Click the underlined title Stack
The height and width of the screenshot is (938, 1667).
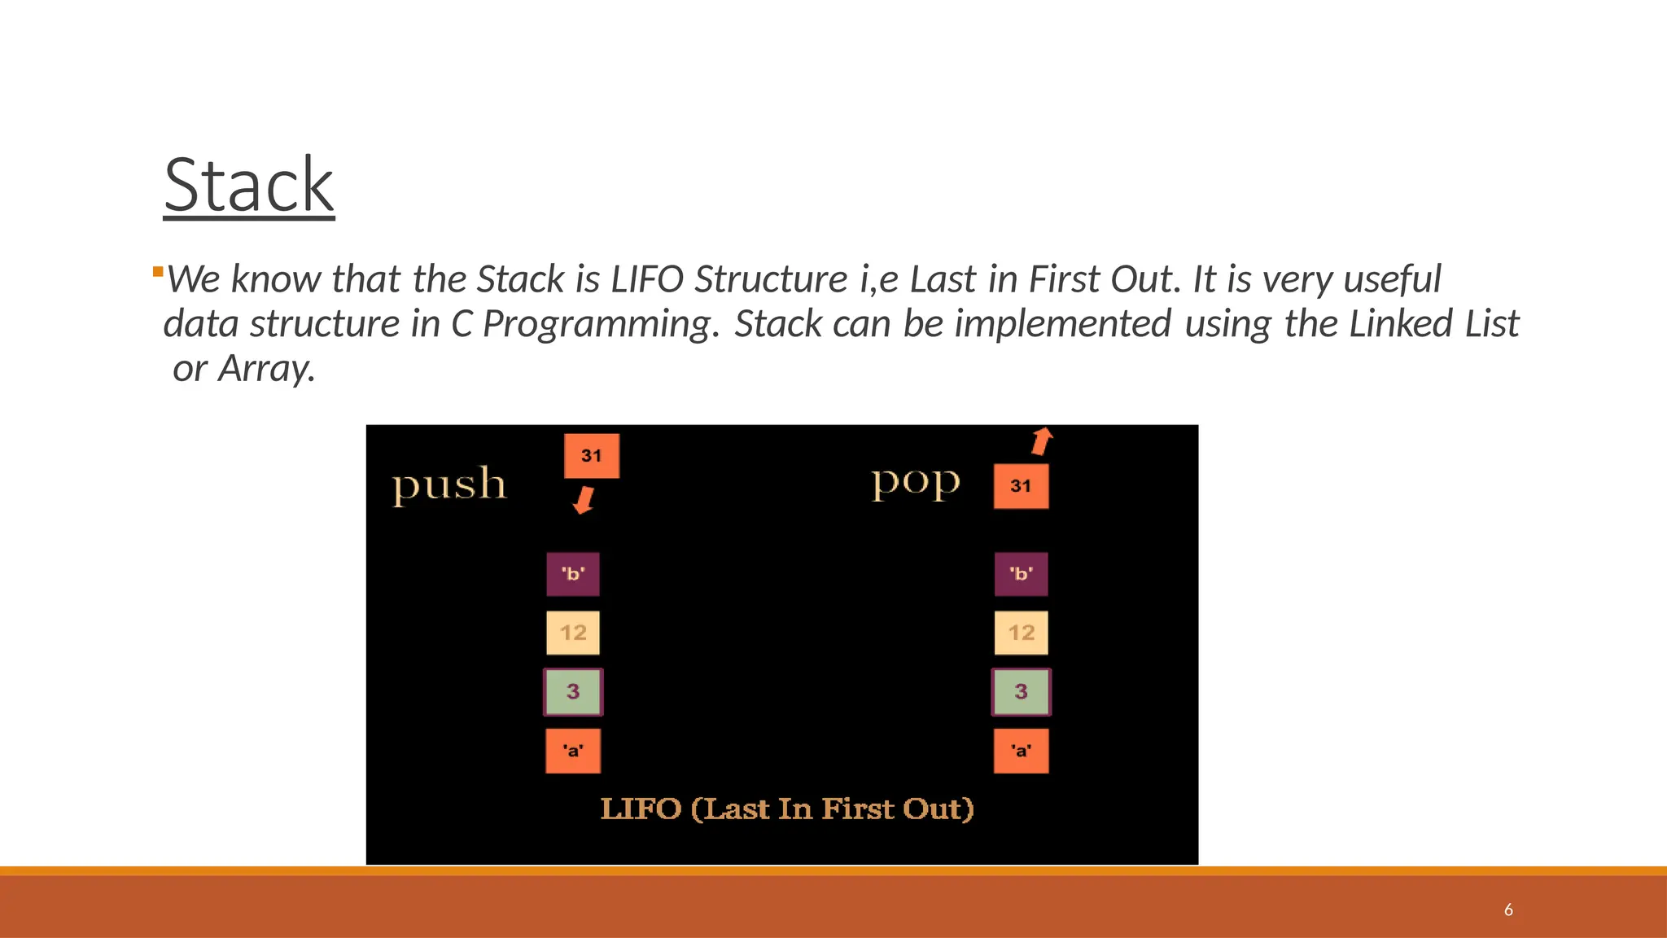pos(248,186)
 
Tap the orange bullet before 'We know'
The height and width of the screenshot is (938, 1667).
pos(158,272)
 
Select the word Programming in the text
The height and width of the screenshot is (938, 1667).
pos(601,324)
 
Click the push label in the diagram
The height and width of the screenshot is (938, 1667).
pos(449,484)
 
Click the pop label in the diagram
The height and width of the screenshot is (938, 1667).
pos(916,482)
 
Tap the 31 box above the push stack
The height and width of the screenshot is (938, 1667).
pos(592,456)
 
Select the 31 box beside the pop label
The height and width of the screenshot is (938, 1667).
pos(1021,486)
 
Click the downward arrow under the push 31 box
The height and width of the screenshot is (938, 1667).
pos(584,500)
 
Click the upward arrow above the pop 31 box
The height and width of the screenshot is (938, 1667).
pos(1042,441)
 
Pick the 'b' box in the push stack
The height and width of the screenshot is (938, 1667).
pos(573,574)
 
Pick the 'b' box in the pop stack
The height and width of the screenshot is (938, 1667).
pos(1021,574)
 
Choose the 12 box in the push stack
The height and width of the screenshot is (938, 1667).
pos(573,633)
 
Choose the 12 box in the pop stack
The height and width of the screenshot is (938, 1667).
pos(1021,633)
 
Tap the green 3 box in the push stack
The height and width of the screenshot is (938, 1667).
pos(573,692)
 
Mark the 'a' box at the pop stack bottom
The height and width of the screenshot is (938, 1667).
pos(1021,751)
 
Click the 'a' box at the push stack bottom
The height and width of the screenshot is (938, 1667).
pos(573,751)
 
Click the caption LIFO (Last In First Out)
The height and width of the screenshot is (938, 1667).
pos(787,809)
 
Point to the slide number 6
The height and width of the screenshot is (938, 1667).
pos(1508,910)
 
